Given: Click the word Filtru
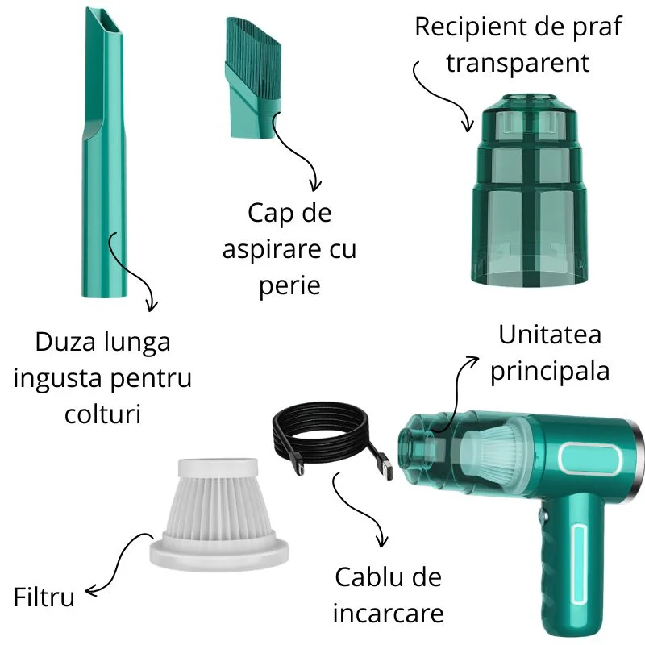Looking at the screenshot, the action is [44, 597].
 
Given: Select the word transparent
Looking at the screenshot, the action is [518, 64].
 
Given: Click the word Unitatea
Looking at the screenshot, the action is [550, 335].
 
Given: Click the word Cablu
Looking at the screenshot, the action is [363, 577].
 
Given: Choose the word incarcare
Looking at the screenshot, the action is [389, 614].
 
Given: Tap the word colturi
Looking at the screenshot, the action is [103, 414].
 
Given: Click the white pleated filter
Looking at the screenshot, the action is [218, 514].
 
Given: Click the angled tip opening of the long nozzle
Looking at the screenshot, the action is [104, 22].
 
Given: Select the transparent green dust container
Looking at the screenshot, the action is [529, 189].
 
